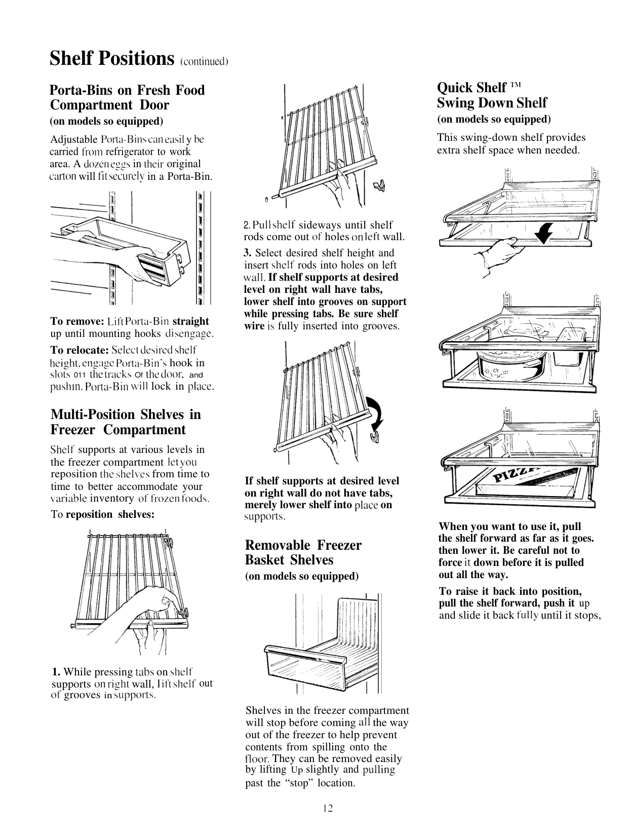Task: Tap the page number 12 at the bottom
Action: click(x=328, y=808)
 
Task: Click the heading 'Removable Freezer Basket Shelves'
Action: click(x=303, y=552)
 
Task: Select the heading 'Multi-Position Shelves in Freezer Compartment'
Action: click(x=126, y=422)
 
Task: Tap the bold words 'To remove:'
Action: click(x=77, y=321)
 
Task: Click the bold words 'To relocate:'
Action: click(x=80, y=350)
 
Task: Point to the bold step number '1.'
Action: click(x=56, y=672)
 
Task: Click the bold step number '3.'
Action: click(x=248, y=253)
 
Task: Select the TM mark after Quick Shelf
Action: click(x=515, y=85)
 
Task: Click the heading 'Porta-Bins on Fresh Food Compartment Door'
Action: click(x=127, y=97)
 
